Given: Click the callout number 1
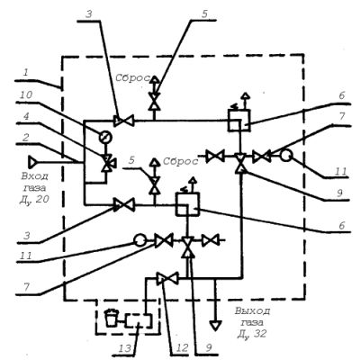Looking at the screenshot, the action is (x=26, y=73).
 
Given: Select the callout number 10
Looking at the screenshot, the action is (x=26, y=94).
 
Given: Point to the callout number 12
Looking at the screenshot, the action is (x=183, y=348).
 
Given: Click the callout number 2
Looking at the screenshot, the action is (x=26, y=138).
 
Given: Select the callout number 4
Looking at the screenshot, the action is (x=26, y=116).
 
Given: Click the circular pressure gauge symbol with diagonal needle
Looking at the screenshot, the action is (x=105, y=138).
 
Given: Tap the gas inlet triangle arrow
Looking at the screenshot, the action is (x=32, y=162).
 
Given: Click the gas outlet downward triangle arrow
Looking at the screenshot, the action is (x=215, y=326).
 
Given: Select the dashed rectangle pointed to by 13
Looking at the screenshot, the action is (x=139, y=321).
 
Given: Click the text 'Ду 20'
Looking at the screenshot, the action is (x=34, y=200).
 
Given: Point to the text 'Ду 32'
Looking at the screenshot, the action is (x=252, y=334).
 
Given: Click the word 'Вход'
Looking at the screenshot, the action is (x=35, y=175).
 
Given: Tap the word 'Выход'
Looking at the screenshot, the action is (x=252, y=310).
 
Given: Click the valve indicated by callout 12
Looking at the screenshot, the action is (x=167, y=278).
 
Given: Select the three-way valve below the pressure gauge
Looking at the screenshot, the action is (x=106, y=162).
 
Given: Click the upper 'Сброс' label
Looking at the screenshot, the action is (x=132, y=78).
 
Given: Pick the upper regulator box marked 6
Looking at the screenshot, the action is (x=239, y=121).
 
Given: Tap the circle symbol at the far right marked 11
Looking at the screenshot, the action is (x=286, y=156).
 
